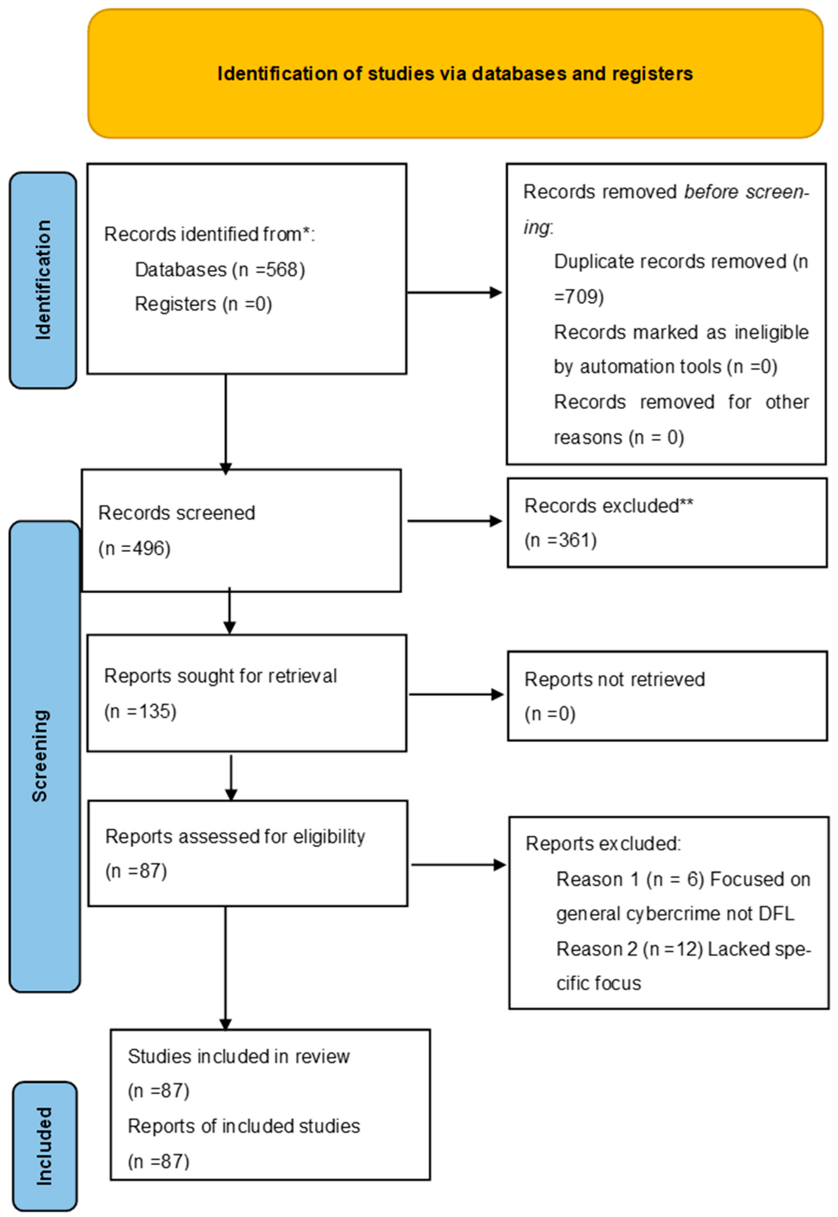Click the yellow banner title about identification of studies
[455, 74]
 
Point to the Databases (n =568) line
[220, 270]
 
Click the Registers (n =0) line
[203, 304]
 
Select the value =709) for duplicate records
[579, 297]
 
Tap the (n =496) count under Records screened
[134, 548]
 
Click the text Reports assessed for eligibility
[235, 836]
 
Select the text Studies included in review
[239, 1056]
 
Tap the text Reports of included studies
[244, 1126]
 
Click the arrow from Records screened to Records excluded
[455, 521]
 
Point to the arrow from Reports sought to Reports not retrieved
[456, 694]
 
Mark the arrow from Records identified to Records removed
[455, 293]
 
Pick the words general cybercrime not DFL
[675, 914]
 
